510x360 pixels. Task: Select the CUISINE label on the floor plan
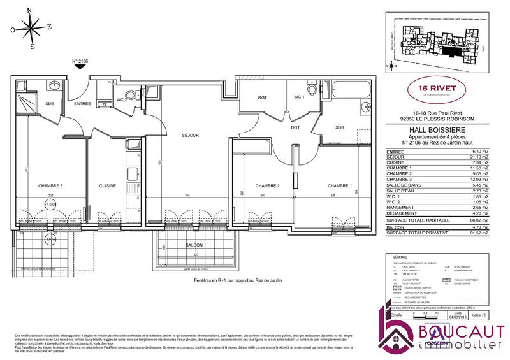pyautogui.click(x=107, y=185)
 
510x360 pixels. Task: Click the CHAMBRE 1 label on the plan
pyautogui.click(x=340, y=185)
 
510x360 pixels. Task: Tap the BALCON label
pyautogui.click(x=194, y=245)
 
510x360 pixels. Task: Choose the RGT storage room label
pyautogui.click(x=262, y=97)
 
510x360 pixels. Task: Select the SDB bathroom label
pyautogui.click(x=340, y=128)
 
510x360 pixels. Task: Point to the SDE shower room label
pyautogui.click(x=49, y=103)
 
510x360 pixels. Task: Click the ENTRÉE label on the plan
pyautogui.click(x=82, y=103)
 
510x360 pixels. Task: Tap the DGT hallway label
pyautogui.click(x=296, y=127)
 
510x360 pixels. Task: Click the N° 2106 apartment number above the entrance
pyautogui.click(x=80, y=62)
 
